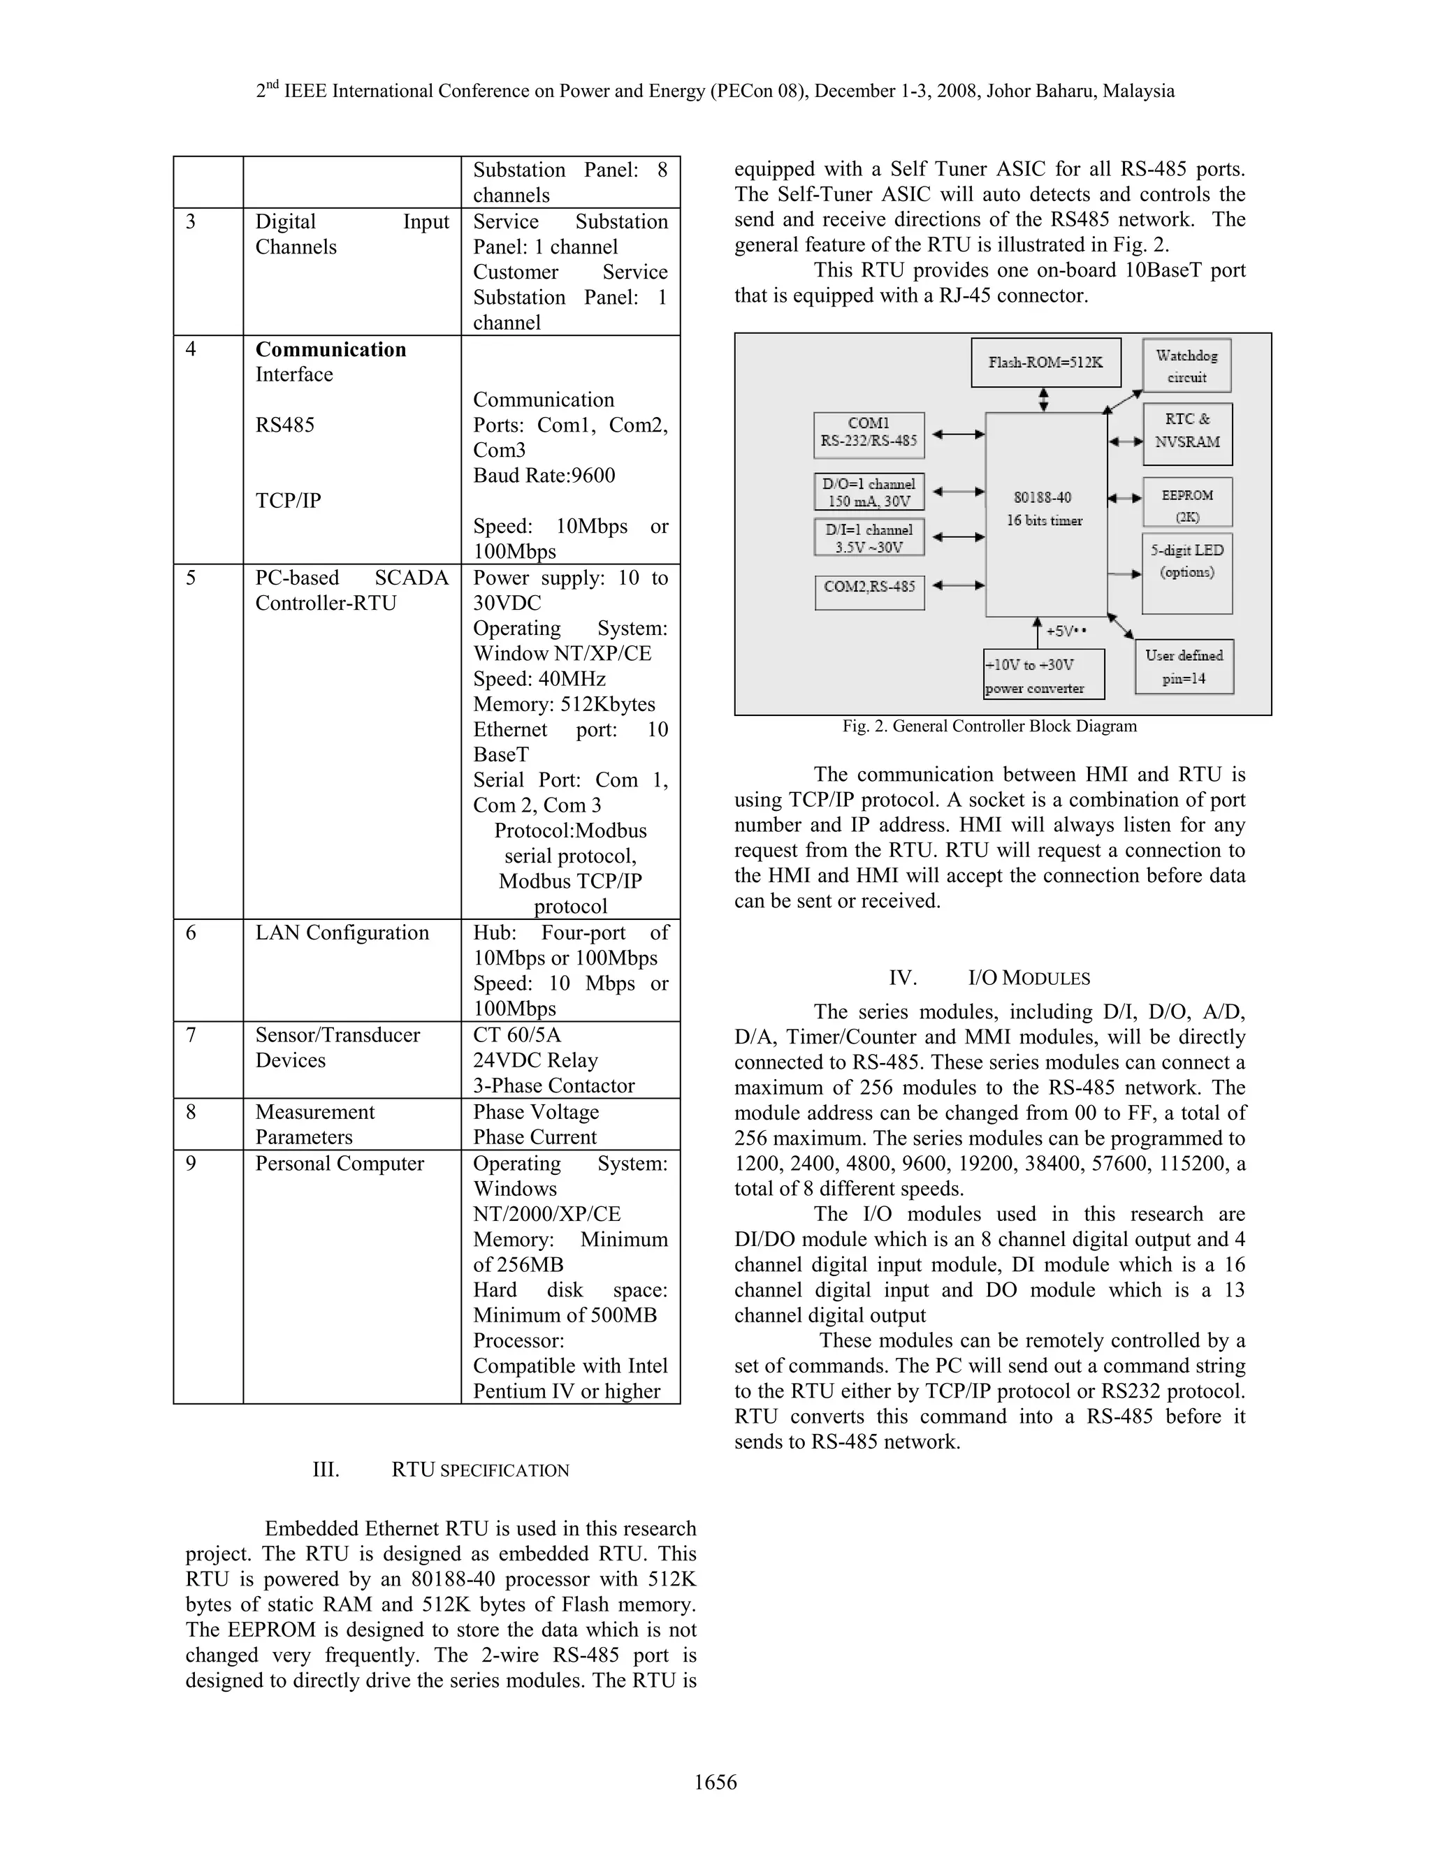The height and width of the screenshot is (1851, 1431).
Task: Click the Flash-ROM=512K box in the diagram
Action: click(x=1045, y=363)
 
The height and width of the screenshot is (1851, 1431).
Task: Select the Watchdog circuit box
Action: click(x=1186, y=366)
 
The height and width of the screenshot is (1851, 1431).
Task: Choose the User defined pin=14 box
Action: click(x=1184, y=667)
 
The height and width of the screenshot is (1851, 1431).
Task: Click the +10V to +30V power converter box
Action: click(x=1044, y=675)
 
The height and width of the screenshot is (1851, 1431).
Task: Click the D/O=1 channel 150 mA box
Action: click(x=868, y=492)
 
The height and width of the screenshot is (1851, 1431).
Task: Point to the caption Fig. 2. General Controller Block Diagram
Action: click(x=989, y=726)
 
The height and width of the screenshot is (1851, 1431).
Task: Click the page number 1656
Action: click(x=715, y=1783)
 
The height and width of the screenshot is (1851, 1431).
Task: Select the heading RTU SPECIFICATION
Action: click(x=480, y=1470)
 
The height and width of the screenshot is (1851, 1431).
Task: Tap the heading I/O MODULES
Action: click(x=1029, y=978)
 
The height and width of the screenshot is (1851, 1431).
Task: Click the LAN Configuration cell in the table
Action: click(x=342, y=933)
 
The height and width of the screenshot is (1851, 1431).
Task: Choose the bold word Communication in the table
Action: click(x=330, y=349)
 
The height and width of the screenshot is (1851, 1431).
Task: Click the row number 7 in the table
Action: click(x=191, y=1036)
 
